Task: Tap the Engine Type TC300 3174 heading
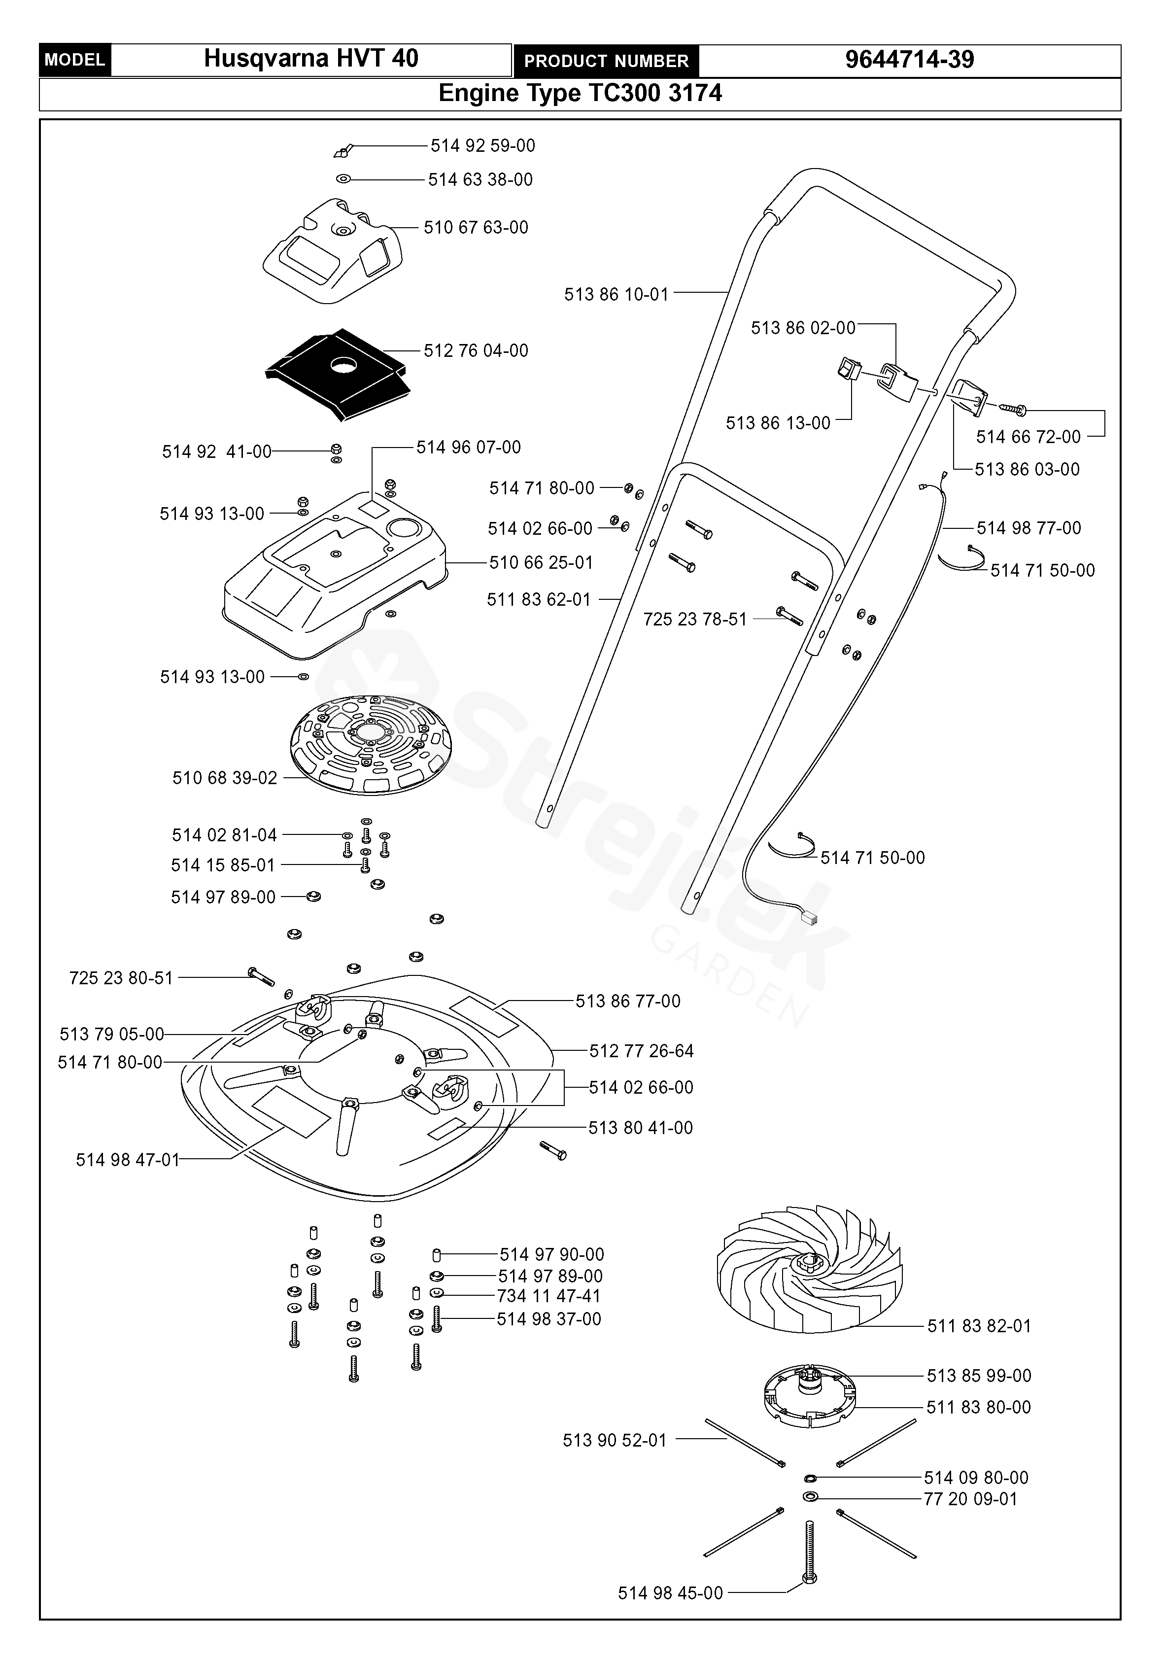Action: tap(580, 93)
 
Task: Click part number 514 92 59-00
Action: tap(482, 146)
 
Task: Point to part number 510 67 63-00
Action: tap(476, 228)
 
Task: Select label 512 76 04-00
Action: tap(476, 351)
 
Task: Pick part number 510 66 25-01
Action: tap(541, 563)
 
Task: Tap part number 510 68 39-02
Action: tap(225, 778)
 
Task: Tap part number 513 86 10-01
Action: tap(616, 295)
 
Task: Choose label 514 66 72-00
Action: tap(1028, 437)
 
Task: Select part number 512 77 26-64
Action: tap(641, 1051)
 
